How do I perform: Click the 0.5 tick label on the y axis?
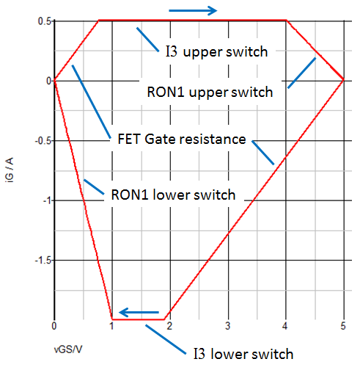pos(45,21)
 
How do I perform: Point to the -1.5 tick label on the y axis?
pos(43,261)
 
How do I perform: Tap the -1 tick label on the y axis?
pos(47,200)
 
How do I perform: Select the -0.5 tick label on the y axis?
pos(43,141)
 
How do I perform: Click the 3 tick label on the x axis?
pos(228,326)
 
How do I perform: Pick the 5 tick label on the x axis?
pos(343,326)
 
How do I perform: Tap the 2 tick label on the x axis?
pos(169,326)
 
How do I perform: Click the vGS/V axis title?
pos(68,349)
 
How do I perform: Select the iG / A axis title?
pos(10,170)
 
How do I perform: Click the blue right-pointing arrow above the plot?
pos(193,10)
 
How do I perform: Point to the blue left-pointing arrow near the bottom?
pos(139,312)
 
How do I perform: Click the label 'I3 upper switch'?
pos(217,52)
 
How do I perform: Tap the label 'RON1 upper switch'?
pos(210,92)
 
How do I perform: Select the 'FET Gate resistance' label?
pos(182,139)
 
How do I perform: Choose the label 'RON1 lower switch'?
pos(173,195)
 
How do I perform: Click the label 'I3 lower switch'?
pos(243,354)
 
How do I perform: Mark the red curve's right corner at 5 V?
pos(344,79)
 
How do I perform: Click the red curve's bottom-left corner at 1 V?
pos(112,319)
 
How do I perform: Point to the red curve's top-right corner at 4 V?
pos(286,21)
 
